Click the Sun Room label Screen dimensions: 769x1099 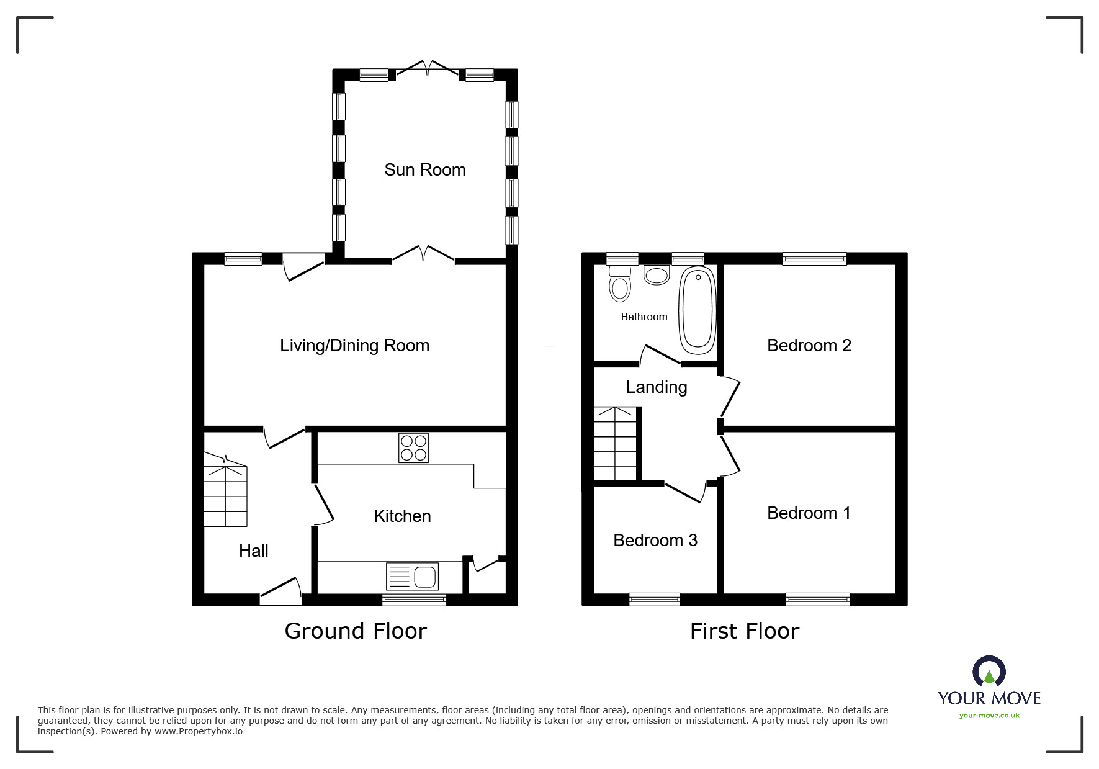pyautogui.click(x=424, y=170)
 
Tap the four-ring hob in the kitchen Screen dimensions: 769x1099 pyautogui.click(x=413, y=448)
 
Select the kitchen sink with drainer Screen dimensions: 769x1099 pyautogui.click(x=412, y=577)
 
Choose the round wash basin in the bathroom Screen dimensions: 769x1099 pyautogui.click(x=657, y=274)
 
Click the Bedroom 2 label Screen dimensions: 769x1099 pyautogui.click(x=809, y=346)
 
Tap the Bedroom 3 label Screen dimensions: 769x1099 pyautogui.click(x=655, y=541)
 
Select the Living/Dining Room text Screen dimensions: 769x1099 pyautogui.click(x=354, y=346)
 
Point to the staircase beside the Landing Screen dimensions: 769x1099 pyautogui.click(x=615, y=443)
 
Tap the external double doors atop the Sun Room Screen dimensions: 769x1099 pyautogui.click(x=427, y=69)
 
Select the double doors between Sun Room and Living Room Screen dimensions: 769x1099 pyautogui.click(x=423, y=254)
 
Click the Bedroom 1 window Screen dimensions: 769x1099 pyautogui.click(x=817, y=599)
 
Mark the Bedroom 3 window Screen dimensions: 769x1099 pyautogui.click(x=654, y=599)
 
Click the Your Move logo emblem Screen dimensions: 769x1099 pyautogui.click(x=989, y=672)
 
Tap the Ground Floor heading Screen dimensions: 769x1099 pyautogui.click(x=356, y=631)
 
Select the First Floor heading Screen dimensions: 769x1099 pyautogui.click(x=744, y=631)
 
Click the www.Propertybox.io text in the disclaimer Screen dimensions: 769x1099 pyautogui.click(x=199, y=731)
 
